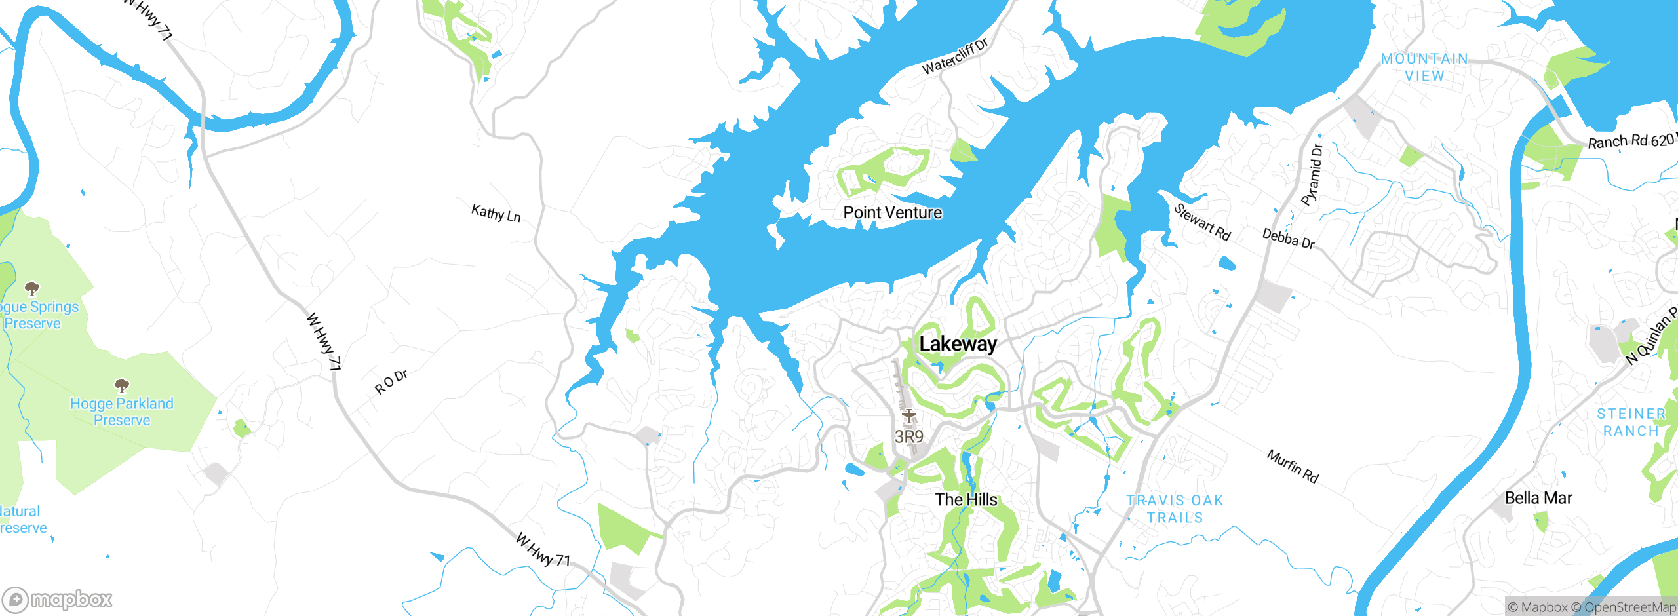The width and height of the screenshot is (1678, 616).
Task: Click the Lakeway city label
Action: [x=958, y=344]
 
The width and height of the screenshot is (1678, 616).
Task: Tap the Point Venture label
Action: [x=892, y=212]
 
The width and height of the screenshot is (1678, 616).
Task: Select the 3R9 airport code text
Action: [x=908, y=436]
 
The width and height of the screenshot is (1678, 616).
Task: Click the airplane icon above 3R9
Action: [x=908, y=415]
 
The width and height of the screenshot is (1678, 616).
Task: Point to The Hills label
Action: [x=966, y=499]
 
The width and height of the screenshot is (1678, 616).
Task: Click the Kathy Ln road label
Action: [x=496, y=213]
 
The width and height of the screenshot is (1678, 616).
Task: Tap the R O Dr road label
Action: [x=391, y=382]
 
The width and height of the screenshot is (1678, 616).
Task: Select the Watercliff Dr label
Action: [x=954, y=57]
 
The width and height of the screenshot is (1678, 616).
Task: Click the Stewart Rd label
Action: [x=1202, y=222]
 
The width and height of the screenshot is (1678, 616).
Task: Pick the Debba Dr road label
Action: [x=1289, y=239]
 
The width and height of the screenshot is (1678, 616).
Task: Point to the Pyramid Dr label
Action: [x=1312, y=174]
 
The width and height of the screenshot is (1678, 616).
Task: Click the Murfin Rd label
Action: [x=1293, y=466]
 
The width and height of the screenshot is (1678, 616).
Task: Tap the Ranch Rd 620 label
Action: [x=1631, y=141]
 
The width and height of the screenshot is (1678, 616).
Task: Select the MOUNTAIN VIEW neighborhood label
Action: [x=1424, y=67]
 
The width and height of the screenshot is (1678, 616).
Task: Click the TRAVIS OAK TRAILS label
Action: [x=1175, y=509]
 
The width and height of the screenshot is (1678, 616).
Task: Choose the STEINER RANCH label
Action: [x=1631, y=423]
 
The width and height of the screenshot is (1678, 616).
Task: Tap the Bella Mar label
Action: [x=1538, y=498]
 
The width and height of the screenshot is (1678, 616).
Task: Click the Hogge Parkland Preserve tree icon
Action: [x=121, y=385]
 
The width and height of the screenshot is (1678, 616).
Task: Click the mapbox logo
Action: [x=58, y=599]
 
